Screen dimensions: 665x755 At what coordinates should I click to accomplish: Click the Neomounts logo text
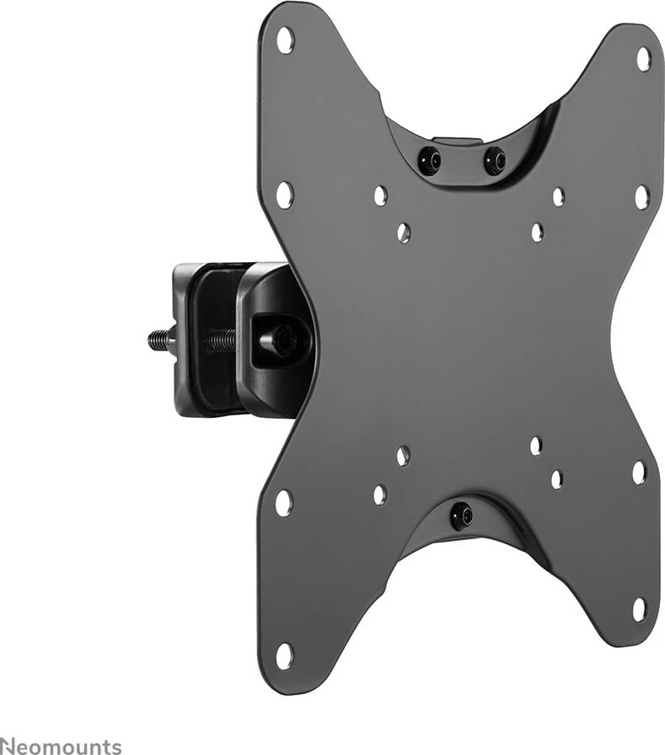coord(61,746)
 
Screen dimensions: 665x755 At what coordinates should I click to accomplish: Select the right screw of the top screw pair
coord(495,159)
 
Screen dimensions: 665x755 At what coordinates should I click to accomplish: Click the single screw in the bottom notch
coord(461,516)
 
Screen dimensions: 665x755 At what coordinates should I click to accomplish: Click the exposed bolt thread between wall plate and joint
coord(221,340)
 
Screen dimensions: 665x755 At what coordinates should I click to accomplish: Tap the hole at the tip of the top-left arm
coord(286,40)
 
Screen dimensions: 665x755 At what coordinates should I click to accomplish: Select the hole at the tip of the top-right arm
coord(643,59)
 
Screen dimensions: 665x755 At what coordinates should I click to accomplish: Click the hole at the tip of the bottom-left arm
coord(284,656)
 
